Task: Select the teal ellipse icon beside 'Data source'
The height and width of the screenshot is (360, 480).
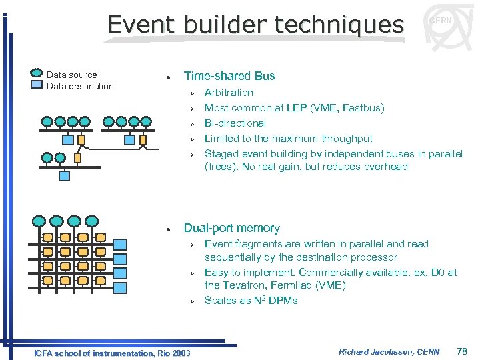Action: [x=38, y=75]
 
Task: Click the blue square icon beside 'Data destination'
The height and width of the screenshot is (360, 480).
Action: [x=37, y=85]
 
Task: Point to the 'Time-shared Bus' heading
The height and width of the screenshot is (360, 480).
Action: [x=229, y=76]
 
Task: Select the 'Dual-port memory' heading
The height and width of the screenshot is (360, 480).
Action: [x=231, y=228]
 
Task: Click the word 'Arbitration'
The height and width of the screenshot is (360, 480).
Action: [x=229, y=93]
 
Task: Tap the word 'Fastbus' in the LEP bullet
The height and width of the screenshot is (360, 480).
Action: [x=365, y=108]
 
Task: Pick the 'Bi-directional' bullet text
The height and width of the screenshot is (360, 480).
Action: [x=235, y=123]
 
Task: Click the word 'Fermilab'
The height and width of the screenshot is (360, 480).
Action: [x=295, y=285]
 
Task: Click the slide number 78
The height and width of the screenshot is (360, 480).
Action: [x=461, y=351]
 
